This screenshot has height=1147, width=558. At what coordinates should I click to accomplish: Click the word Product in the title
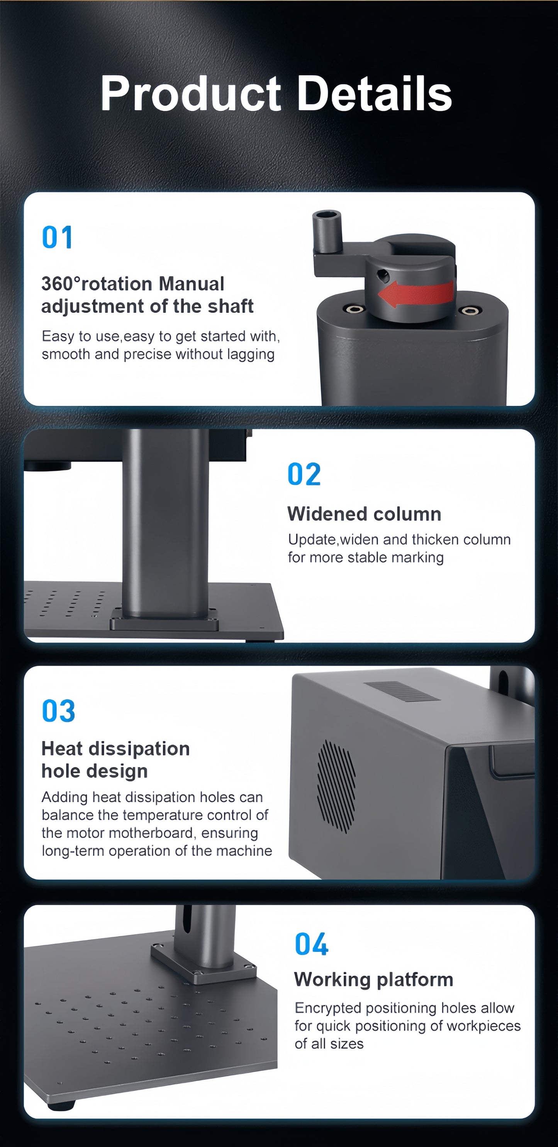191,93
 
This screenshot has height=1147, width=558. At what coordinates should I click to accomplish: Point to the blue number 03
58,711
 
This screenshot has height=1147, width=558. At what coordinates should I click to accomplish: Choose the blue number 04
312,945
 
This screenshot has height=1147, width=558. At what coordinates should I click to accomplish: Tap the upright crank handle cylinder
327,231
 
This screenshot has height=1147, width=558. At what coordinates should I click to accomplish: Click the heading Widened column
365,514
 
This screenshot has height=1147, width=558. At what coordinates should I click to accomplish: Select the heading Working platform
374,980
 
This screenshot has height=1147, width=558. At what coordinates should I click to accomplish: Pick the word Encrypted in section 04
327,1008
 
